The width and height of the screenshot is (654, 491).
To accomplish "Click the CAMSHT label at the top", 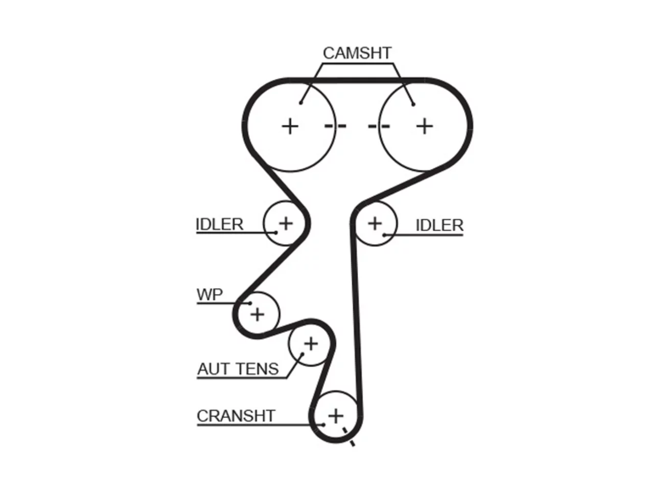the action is click(x=357, y=53).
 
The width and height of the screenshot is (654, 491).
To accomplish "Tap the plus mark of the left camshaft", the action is click(x=290, y=126).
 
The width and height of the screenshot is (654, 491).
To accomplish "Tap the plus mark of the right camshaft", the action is click(x=424, y=126).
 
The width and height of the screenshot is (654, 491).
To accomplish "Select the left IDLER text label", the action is click(x=220, y=224).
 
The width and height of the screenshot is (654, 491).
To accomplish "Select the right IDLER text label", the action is click(x=439, y=226).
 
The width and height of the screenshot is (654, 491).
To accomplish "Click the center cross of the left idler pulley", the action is click(x=286, y=224).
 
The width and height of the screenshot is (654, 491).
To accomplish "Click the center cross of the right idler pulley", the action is click(x=375, y=224).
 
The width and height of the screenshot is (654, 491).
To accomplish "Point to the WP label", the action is click(x=209, y=295).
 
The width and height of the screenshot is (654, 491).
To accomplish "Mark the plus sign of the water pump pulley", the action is click(x=258, y=315).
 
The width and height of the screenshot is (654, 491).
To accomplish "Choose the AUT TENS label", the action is click(x=238, y=369).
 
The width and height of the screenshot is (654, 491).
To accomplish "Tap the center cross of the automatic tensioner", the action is click(x=311, y=344).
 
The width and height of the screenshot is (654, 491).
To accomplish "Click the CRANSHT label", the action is click(x=236, y=416).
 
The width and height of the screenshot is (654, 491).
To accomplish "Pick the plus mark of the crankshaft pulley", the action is click(x=336, y=416).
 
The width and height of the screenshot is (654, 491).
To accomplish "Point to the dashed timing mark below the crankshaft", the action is click(x=348, y=437).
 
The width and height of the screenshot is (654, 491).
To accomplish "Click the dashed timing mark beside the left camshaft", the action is click(x=335, y=126).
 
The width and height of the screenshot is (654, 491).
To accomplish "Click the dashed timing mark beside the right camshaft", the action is click(x=379, y=126).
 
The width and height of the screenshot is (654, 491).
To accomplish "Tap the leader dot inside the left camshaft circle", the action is click(x=301, y=103).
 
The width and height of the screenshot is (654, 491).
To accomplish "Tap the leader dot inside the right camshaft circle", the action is click(x=413, y=104).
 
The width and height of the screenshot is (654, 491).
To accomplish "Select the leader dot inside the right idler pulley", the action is click(x=384, y=235).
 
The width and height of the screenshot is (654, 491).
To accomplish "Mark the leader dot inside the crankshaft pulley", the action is click(x=323, y=425).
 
